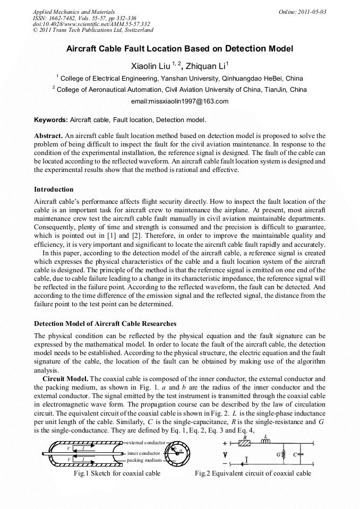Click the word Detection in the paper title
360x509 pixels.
click(x=243, y=49)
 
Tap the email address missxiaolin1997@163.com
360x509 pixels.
click(x=179, y=101)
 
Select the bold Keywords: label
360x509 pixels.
click(x=51, y=120)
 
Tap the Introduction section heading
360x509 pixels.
click(x=54, y=189)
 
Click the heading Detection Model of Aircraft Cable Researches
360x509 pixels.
click(x=105, y=323)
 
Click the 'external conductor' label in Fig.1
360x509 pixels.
click(x=146, y=442)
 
